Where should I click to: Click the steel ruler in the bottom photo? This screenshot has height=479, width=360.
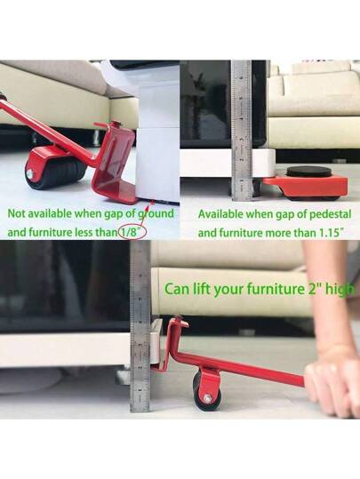140,329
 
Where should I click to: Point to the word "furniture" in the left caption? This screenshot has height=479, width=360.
57,232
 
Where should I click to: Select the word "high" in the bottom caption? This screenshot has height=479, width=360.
340,290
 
